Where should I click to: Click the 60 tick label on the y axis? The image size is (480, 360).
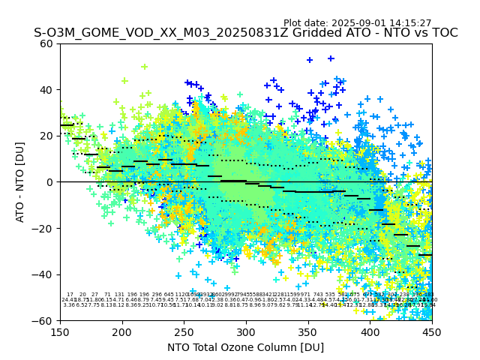47,43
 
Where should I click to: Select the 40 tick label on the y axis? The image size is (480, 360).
47,90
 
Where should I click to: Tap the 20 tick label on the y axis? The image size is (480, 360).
47,136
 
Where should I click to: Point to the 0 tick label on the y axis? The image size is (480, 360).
50,182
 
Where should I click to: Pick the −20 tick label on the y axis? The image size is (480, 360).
44,228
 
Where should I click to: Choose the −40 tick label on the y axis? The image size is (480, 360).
44,274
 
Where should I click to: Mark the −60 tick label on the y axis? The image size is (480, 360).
44,320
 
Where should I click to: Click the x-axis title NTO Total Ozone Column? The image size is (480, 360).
246,347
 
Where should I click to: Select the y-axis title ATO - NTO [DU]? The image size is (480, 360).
20,182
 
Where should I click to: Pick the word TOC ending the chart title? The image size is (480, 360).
444,33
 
